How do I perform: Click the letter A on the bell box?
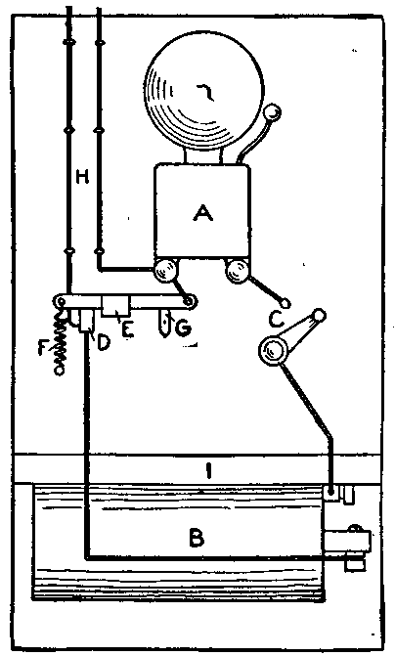coord(203,214)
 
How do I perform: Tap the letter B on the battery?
coord(197,538)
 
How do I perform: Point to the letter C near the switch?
coord(277,321)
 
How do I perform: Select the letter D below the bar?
coord(104,342)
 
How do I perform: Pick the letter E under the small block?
coord(128,329)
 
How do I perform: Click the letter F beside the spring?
coord(43,348)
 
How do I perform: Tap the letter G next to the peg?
coord(184,329)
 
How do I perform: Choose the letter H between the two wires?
coord(83,178)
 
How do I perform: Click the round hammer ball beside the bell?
coord(273,112)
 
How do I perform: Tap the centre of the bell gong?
coord(204,93)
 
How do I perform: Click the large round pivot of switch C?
coord(273,350)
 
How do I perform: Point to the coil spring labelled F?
coord(61,342)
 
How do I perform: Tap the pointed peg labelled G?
coord(165,324)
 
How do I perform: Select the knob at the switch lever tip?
coord(319,314)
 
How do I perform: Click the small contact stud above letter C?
coord(285,303)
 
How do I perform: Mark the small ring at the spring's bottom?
coord(61,371)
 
